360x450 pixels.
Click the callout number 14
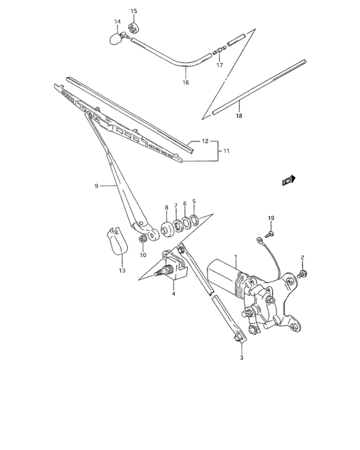coord(118,22)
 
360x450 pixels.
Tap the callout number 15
coord(134,11)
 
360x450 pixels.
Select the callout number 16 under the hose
coord(186,82)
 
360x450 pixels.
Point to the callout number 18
coord(239,116)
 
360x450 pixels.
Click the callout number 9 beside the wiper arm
coord(96,186)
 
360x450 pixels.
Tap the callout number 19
coord(271,219)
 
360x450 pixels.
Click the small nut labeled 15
coord(134,27)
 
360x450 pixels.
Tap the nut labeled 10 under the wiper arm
coord(142,240)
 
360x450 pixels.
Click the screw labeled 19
coord(271,233)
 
